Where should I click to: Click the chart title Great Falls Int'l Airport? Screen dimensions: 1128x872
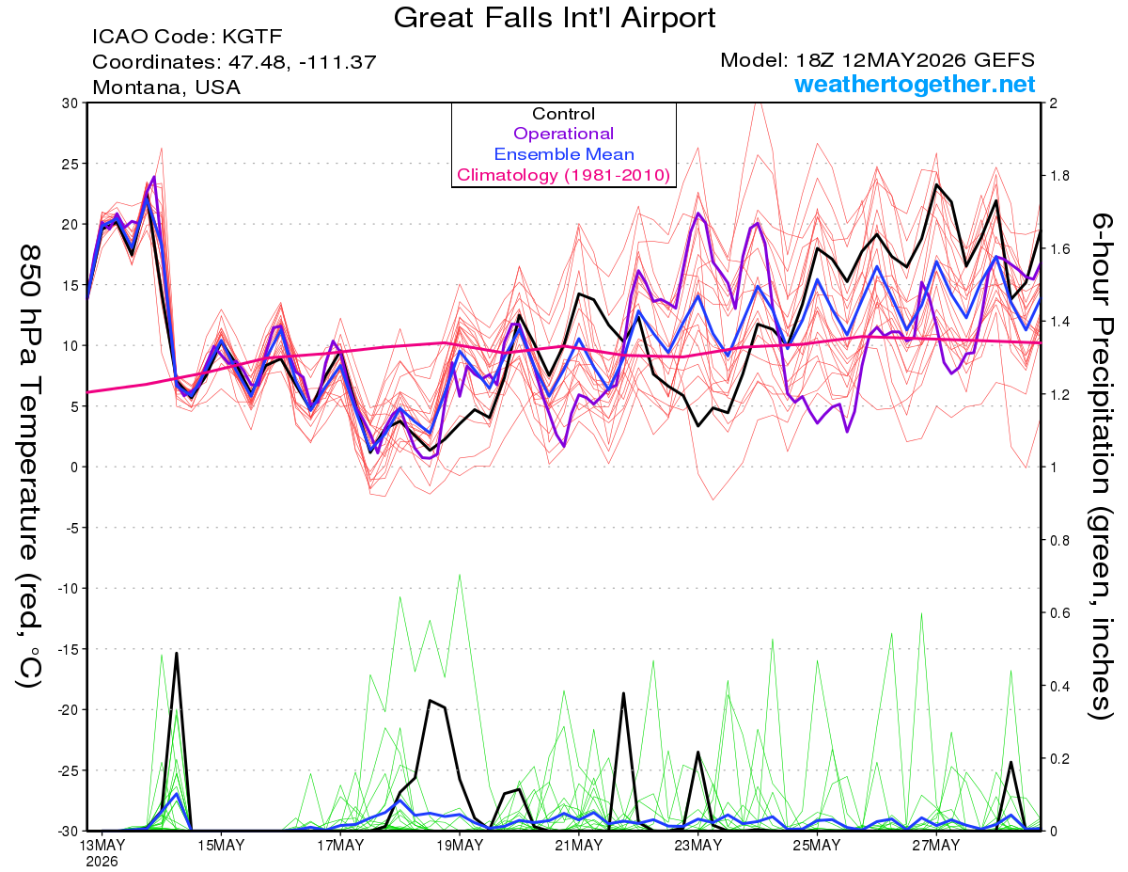(554, 18)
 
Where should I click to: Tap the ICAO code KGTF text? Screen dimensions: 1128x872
(187, 37)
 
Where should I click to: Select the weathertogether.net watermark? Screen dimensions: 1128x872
(915, 84)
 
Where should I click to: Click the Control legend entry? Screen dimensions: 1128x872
(563, 114)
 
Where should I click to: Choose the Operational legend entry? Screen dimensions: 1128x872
(563, 134)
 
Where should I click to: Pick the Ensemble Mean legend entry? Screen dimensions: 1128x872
(564, 154)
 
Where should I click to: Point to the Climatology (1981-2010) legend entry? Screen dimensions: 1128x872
(563, 175)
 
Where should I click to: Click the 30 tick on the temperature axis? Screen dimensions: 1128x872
(70, 103)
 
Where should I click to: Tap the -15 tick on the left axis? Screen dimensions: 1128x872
(68, 649)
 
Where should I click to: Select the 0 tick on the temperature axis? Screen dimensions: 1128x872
(74, 468)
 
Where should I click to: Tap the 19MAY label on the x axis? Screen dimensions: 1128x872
(460, 846)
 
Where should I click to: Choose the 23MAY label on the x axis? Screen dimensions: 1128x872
(697, 846)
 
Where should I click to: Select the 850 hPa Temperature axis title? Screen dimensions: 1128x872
(29, 466)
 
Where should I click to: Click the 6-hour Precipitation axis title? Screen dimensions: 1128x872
(1100, 466)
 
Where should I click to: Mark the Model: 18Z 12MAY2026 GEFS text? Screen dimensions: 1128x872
(877, 60)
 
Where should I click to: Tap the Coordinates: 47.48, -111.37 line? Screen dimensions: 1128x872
(234, 62)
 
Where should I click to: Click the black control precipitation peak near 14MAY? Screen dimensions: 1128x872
(177, 653)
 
